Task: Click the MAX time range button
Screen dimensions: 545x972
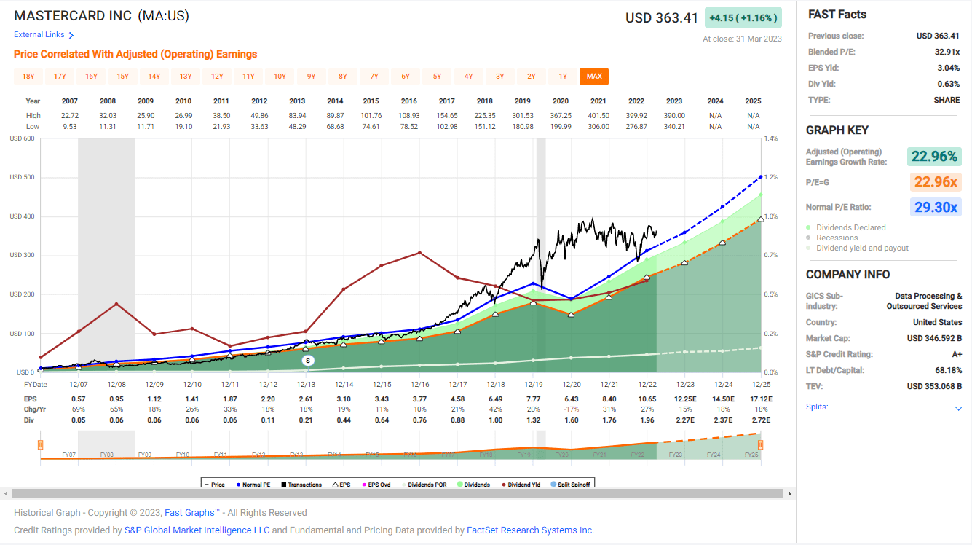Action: point(594,77)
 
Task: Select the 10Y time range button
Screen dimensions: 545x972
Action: point(280,77)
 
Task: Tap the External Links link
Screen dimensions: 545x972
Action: point(44,35)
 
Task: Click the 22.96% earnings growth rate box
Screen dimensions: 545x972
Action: point(935,156)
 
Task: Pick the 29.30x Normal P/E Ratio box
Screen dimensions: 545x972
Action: point(935,207)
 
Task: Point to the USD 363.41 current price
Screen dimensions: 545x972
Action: point(661,17)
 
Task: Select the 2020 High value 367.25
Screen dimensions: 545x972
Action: point(561,115)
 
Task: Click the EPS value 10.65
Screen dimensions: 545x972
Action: point(647,400)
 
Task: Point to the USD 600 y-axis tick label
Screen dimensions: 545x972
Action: point(22,139)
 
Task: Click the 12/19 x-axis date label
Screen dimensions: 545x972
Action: point(533,384)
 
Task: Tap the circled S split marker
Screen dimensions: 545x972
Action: point(308,360)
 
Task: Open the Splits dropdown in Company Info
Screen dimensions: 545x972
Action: point(958,408)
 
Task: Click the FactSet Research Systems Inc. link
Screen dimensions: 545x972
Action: point(530,530)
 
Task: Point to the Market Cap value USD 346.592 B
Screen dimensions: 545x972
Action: point(934,338)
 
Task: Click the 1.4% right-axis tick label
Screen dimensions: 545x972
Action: point(771,138)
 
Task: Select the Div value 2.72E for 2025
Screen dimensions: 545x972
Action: point(760,420)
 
